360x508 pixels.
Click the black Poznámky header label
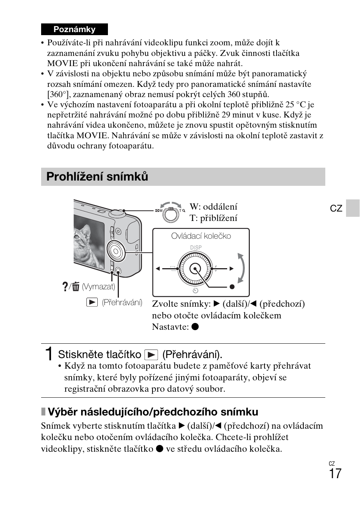pyautogui.click(x=74, y=29)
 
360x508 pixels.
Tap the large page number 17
pyautogui.click(x=335, y=473)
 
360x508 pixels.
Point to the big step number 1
pyautogui.click(x=48, y=354)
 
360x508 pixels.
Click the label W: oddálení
pyautogui.click(x=213, y=207)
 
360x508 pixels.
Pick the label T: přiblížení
pyautogui.click(x=213, y=218)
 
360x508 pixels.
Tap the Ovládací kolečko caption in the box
pyautogui.click(x=201, y=236)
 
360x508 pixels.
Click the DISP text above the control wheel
pyautogui.click(x=195, y=247)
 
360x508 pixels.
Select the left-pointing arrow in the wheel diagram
pyautogui.click(x=158, y=269)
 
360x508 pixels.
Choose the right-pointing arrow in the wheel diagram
pyautogui.click(x=232, y=269)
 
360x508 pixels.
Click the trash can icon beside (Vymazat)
pyautogui.click(x=76, y=287)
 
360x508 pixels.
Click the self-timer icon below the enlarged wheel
pyautogui.click(x=195, y=290)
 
